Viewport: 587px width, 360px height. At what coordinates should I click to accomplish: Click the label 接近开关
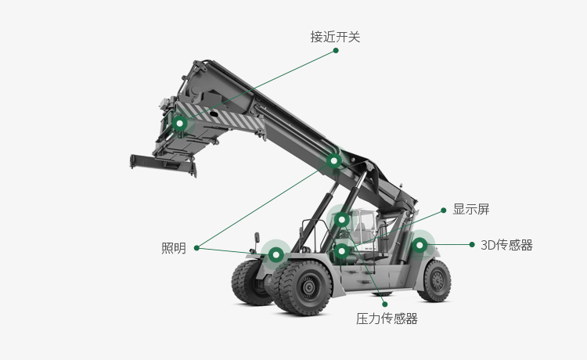(x=335, y=37)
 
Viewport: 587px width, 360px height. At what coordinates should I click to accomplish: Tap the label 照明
(x=174, y=248)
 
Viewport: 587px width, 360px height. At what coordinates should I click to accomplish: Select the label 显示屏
(x=471, y=209)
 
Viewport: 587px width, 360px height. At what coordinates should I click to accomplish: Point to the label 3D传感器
(x=506, y=245)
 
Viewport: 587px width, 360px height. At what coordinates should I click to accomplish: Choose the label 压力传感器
(x=387, y=319)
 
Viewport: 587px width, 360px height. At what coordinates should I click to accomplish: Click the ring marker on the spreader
(x=180, y=123)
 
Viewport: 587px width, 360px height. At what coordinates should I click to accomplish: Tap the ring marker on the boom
(x=334, y=161)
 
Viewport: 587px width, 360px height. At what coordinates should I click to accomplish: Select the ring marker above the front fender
(x=276, y=255)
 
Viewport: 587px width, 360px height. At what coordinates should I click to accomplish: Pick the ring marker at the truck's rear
(x=420, y=245)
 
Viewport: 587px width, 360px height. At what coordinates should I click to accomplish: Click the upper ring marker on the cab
(x=341, y=220)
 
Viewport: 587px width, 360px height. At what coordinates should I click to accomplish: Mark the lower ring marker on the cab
(x=341, y=250)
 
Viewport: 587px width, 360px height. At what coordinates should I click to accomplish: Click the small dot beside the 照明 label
(x=196, y=248)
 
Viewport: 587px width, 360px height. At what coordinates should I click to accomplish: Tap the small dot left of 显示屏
(x=444, y=211)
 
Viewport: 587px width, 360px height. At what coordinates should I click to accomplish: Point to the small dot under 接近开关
(x=336, y=51)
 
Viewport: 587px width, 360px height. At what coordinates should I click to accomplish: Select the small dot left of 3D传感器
(x=472, y=244)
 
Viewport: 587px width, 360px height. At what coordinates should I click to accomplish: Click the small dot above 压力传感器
(x=385, y=304)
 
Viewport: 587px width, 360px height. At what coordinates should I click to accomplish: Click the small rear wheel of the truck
(x=435, y=281)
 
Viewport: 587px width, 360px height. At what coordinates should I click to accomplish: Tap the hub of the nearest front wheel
(x=308, y=287)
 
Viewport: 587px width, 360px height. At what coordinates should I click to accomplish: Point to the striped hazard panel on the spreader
(x=220, y=116)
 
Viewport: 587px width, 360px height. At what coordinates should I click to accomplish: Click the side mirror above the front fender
(x=257, y=238)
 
